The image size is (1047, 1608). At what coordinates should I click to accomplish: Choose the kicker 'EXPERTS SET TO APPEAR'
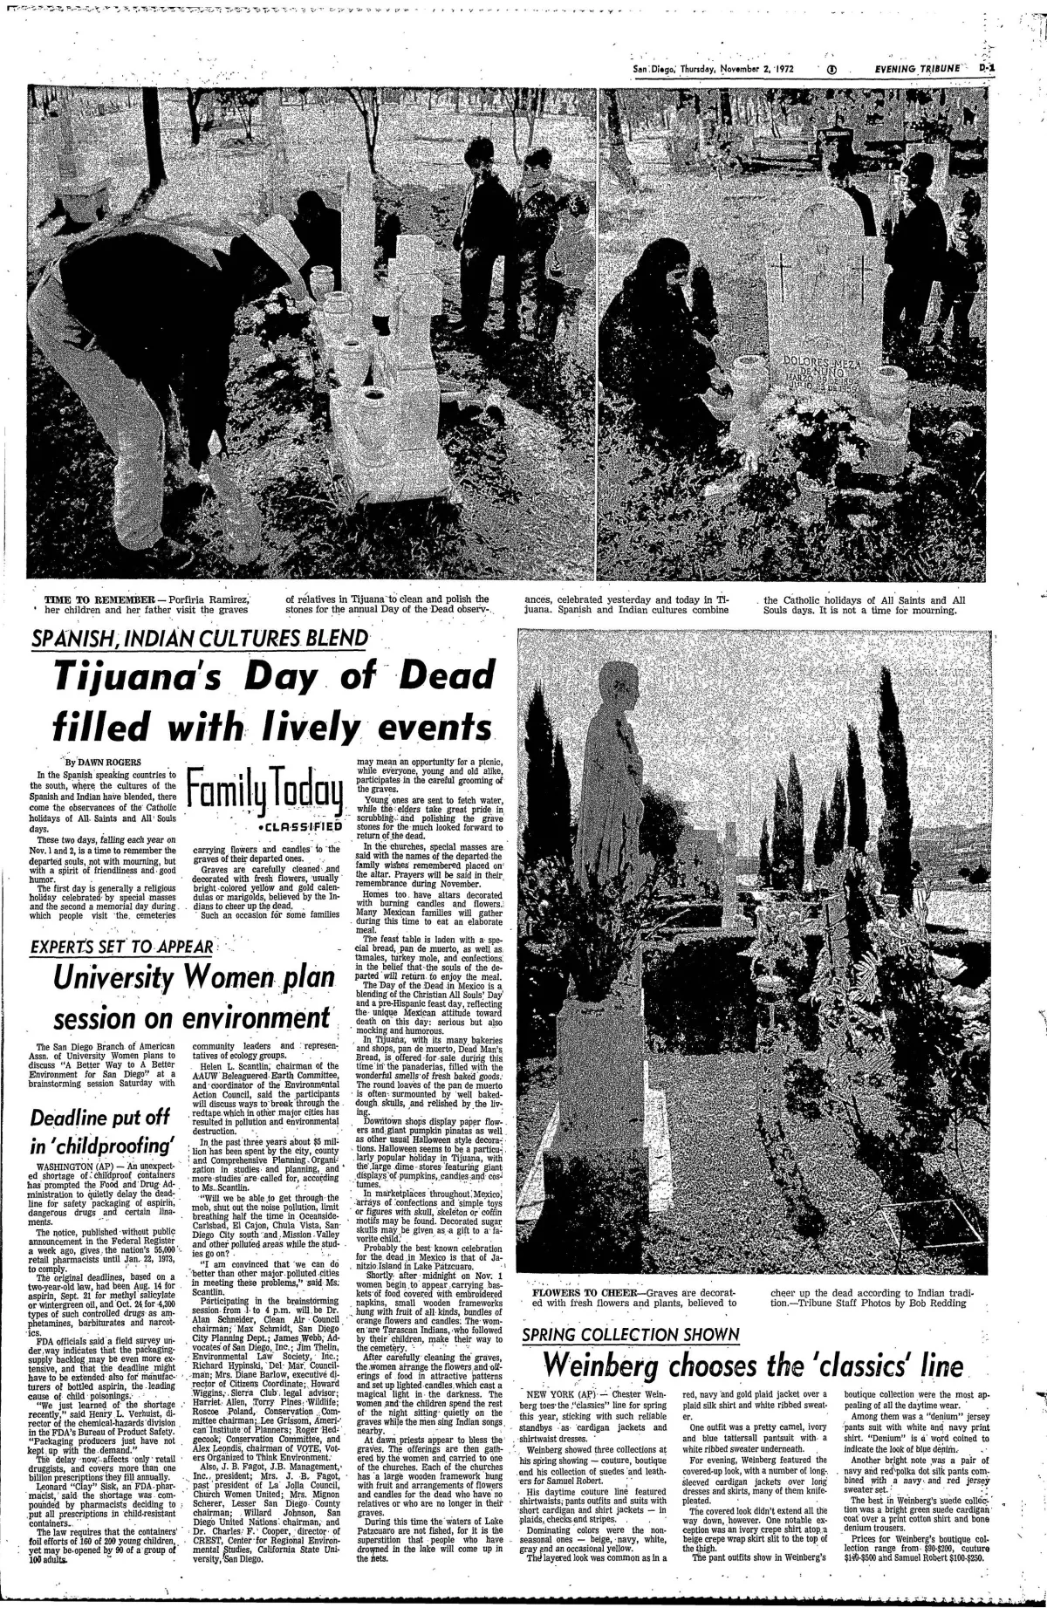pos(121,948)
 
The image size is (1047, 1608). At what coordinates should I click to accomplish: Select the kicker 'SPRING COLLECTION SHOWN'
pos(630,1335)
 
